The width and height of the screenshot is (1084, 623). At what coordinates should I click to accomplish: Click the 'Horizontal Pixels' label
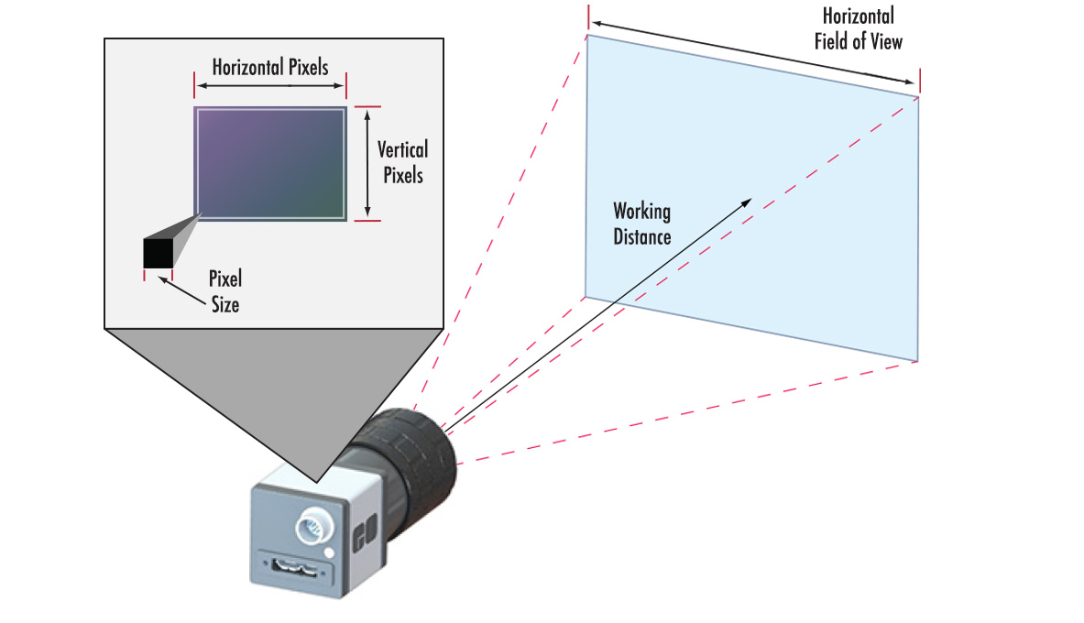click(269, 67)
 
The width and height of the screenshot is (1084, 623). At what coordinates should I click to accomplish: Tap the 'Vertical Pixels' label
click(403, 160)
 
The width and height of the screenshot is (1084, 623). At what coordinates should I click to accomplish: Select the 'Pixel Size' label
click(224, 291)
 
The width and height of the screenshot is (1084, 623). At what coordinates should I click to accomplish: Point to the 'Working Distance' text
click(641, 224)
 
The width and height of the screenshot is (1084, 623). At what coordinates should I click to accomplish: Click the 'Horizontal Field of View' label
click(858, 28)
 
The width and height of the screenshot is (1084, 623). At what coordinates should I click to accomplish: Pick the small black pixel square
click(158, 253)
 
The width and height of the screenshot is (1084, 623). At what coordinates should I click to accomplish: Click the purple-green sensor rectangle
click(270, 163)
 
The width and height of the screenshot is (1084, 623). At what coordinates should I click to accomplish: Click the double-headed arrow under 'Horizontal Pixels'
click(270, 85)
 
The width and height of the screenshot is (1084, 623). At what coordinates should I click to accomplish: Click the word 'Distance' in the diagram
click(642, 235)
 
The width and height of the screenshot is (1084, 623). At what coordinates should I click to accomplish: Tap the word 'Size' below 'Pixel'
click(224, 303)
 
